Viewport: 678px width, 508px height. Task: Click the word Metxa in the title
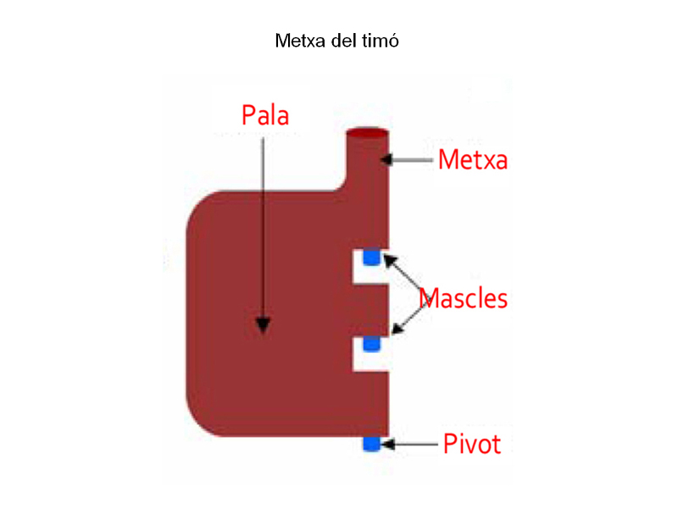[x=297, y=41]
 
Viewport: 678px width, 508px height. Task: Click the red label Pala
[x=265, y=115]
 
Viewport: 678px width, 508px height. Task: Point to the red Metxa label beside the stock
[x=472, y=159]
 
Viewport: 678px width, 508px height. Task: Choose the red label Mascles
[x=464, y=298]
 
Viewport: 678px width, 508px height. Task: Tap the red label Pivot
[x=472, y=444]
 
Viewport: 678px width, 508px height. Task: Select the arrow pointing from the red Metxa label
[x=411, y=158]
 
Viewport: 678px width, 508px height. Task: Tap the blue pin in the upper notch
[x=371, y=256]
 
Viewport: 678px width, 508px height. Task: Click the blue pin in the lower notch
[x=371, y=344]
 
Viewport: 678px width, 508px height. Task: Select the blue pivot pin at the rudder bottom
[x=371, y=444]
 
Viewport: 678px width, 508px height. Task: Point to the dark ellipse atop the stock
[x=369, y=134]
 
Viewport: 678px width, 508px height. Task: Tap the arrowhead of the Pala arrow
[x=264, y=325]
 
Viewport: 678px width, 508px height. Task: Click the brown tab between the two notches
[x=371, y=309]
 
